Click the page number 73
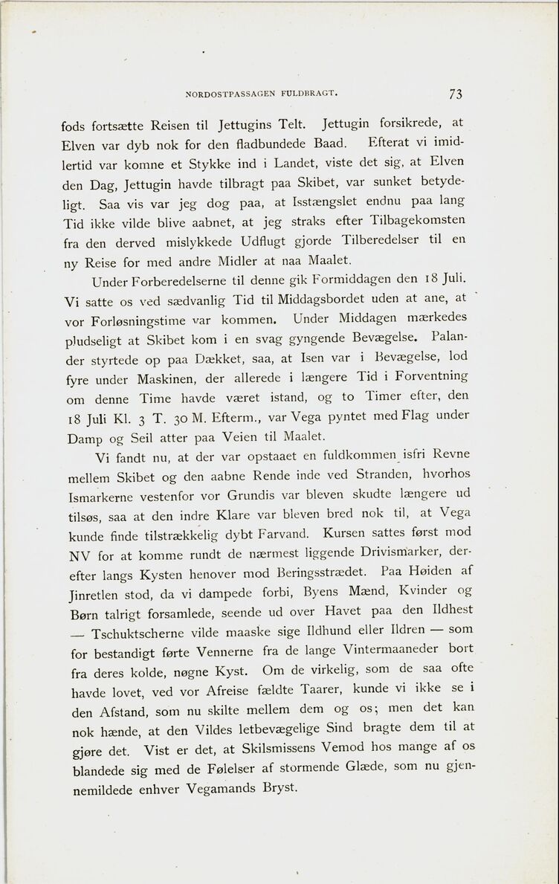point(455,94)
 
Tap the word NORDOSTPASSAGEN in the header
point(230,94)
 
